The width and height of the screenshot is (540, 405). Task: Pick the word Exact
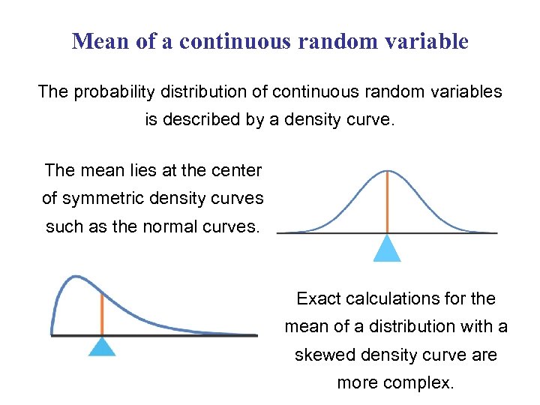(318, 298)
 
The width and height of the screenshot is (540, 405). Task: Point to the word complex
(424, 383)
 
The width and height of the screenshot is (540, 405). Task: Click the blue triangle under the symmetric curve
(387, 248)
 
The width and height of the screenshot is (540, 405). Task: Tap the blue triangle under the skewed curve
(102, 346)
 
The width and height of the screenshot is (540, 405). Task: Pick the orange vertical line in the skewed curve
(102, 313)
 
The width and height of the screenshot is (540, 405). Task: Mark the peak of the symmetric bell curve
(387, 171)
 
